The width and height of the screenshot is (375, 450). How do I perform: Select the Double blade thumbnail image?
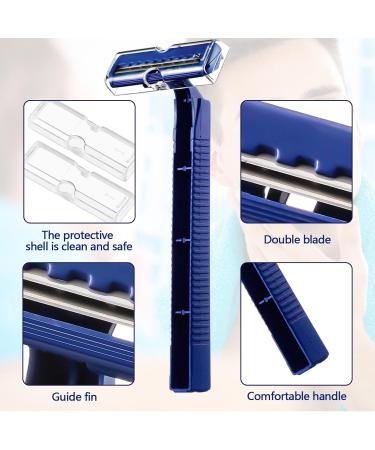coord(296,162)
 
